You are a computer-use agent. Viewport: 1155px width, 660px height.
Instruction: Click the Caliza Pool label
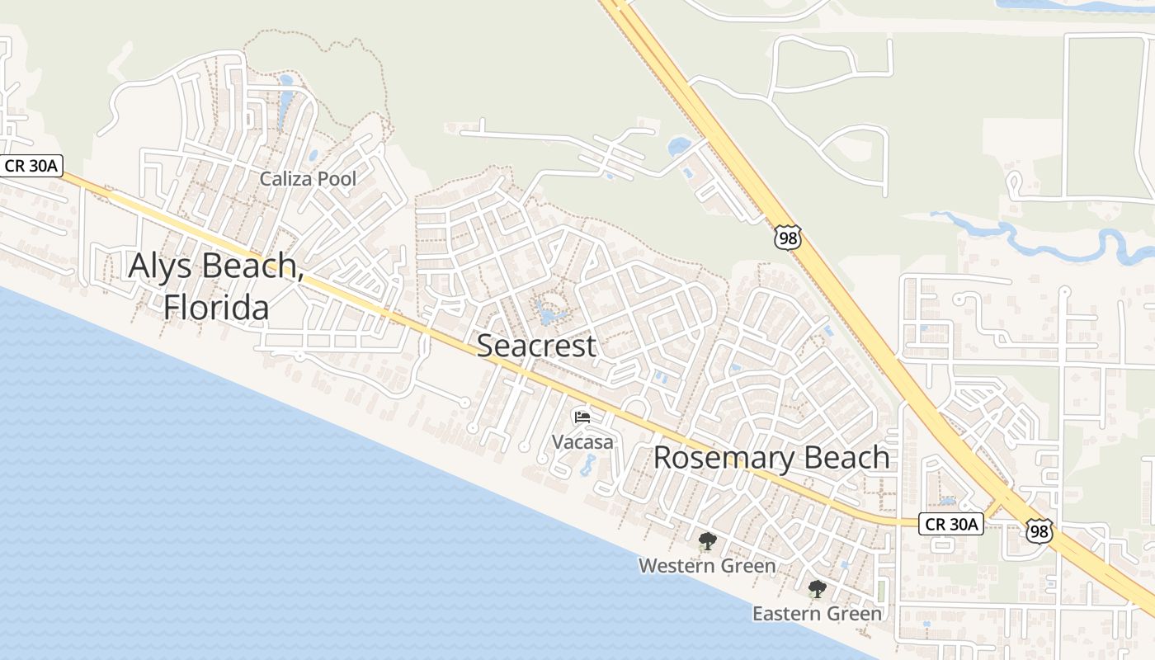coord(308,179)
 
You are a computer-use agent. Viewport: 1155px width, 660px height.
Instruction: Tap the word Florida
coord(216,307)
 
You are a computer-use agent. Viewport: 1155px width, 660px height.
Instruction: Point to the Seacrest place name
coord(536,346)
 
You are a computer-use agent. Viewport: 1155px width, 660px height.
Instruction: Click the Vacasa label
coord(582,442)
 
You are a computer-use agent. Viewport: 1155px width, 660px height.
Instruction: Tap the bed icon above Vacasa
coord(582,417)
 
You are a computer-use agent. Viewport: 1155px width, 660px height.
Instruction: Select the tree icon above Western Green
coord(707,542)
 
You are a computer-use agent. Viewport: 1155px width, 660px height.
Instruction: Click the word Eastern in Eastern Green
coord(787,614)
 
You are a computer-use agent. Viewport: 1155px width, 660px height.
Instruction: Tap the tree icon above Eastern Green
coord(817,589)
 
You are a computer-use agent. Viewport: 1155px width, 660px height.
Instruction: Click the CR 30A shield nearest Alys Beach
coord(31,166)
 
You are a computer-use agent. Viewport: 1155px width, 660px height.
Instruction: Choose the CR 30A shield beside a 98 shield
coord(951,524)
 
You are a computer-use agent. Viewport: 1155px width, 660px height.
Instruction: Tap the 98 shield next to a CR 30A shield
coord(1039,530)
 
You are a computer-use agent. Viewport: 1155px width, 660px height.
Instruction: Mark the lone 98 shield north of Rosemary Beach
coord(787,238)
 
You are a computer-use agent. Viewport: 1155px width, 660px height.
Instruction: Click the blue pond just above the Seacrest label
coord(547,313)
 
